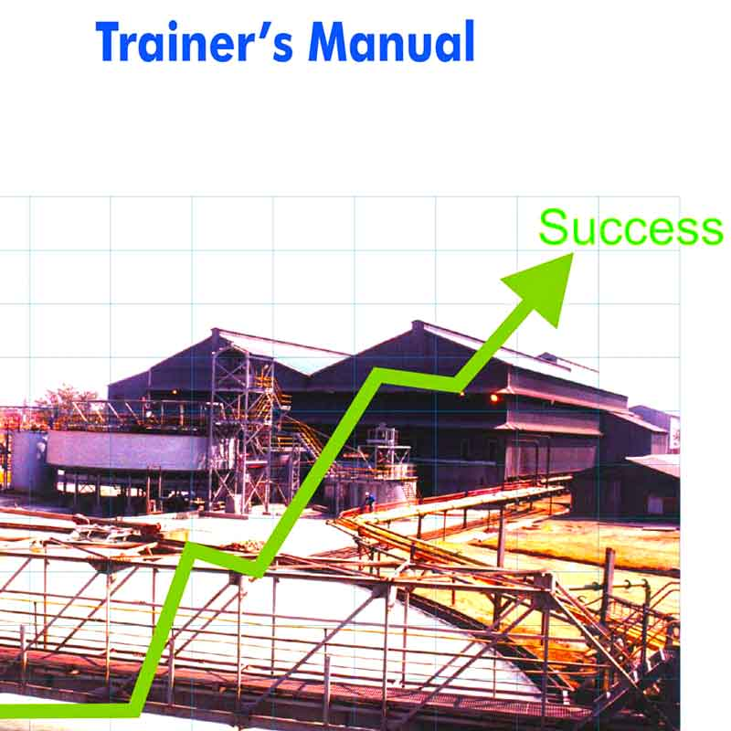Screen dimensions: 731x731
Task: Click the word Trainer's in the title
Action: pos(195,41)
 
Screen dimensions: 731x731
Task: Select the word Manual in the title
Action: pos(392,41)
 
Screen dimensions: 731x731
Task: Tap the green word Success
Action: pos(630,227)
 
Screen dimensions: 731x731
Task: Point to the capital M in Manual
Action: pos(330,42)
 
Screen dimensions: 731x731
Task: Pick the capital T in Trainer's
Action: pos(111,41)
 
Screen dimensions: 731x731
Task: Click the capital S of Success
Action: pos(554,227)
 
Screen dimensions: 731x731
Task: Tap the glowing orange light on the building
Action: pos(494,398)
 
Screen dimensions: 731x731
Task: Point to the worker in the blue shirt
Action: pos(370,501)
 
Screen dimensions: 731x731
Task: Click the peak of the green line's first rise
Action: pos(190,547)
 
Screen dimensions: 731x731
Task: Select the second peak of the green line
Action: pos(376,373)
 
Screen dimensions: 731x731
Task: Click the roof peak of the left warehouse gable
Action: pos(216,330)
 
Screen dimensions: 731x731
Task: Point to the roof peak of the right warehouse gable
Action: pos(416,323)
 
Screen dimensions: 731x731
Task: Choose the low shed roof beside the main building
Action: pos(652,465)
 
